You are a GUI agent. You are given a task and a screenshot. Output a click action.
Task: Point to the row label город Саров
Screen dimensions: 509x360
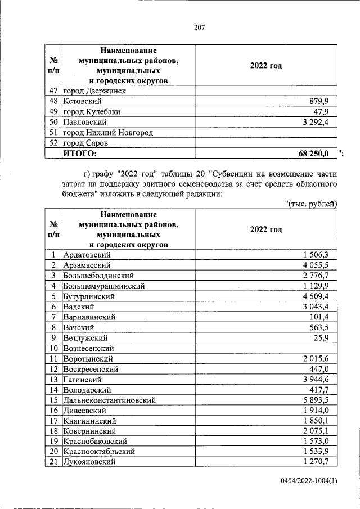pos(87,143)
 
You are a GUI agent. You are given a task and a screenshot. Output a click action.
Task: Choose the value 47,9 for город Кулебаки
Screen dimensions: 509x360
pos(326,111)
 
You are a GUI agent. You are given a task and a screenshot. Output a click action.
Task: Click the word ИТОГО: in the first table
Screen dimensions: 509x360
pos(80,153)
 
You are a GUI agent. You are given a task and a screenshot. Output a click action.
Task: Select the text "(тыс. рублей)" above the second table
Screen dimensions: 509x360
pos(310,204)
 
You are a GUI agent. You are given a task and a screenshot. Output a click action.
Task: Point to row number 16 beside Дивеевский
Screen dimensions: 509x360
pos(53,410)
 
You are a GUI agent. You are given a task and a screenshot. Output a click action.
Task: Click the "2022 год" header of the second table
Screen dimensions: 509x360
pos(266,229)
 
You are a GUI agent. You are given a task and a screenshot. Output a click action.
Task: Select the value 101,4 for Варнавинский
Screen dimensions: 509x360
pos(325,317)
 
